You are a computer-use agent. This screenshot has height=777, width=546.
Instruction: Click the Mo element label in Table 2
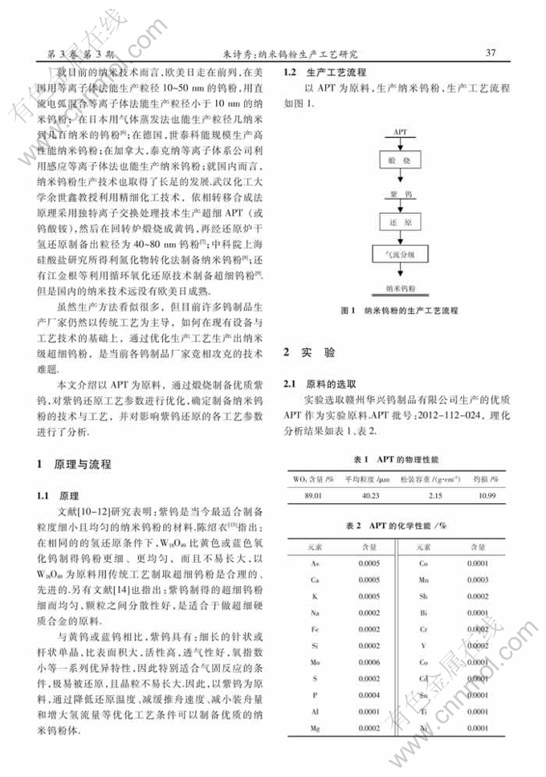316,662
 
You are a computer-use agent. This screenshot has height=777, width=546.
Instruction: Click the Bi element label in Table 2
423,612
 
